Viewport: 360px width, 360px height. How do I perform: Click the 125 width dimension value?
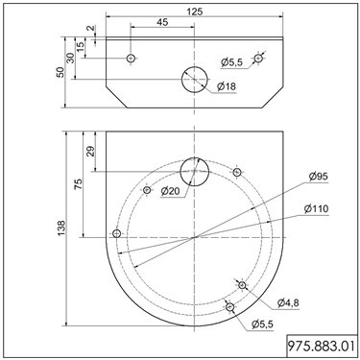pos(195,12)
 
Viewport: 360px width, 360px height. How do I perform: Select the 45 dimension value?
pos(163,22)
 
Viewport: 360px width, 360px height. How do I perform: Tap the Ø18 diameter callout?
pos(227,86)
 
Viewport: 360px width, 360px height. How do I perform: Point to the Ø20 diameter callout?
pos(171,191)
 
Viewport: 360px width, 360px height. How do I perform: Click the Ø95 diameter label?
pos(319,176)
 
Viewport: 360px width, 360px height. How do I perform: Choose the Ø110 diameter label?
pos(317,208)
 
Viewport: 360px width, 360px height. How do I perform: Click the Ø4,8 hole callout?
pos(288,302)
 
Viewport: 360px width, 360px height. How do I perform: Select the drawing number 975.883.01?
pos(322,346)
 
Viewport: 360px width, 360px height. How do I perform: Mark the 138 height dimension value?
pos(60,228)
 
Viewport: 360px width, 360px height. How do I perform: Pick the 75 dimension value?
pos(78,184)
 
